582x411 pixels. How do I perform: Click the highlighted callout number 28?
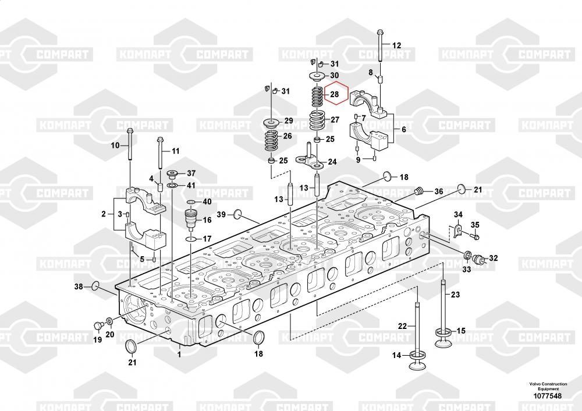334,94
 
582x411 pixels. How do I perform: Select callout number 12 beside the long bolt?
396,45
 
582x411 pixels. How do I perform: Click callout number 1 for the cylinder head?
179,354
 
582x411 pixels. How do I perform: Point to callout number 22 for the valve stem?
403,326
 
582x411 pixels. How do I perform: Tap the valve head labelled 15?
443,334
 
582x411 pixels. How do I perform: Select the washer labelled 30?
317,76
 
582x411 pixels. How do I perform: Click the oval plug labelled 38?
95,286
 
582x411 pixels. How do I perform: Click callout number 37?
191,173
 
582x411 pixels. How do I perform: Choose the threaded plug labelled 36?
418,192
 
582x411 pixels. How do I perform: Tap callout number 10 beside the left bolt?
115,145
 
